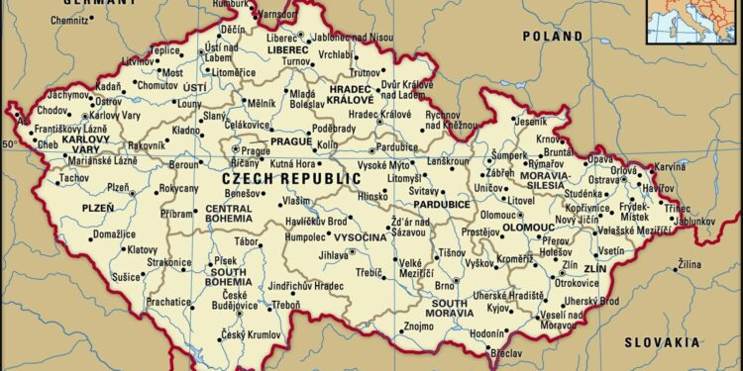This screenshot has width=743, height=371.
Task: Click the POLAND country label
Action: click(553, 36)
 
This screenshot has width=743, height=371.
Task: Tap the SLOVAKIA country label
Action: click(661, 341)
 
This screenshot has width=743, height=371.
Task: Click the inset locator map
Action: click(692, 21)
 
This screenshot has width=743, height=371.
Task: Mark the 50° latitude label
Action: click(10, 144)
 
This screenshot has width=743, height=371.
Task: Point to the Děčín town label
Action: click(233, 31)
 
